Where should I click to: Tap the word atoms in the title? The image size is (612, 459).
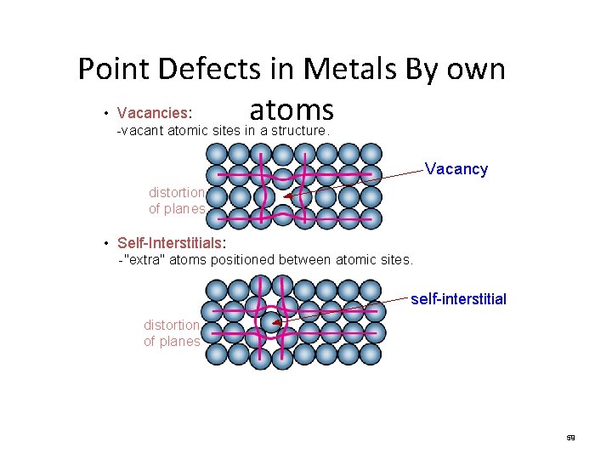291,110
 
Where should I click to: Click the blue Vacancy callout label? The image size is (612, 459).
456,169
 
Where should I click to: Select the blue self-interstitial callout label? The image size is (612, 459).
458,299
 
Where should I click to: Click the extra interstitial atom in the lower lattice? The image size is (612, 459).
270,322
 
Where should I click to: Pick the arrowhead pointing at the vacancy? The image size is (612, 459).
288,196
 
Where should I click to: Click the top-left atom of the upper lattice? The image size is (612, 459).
217,154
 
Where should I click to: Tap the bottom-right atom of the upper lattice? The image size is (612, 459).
371,218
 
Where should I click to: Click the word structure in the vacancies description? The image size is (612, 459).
295,131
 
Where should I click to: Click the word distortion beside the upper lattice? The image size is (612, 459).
177,192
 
